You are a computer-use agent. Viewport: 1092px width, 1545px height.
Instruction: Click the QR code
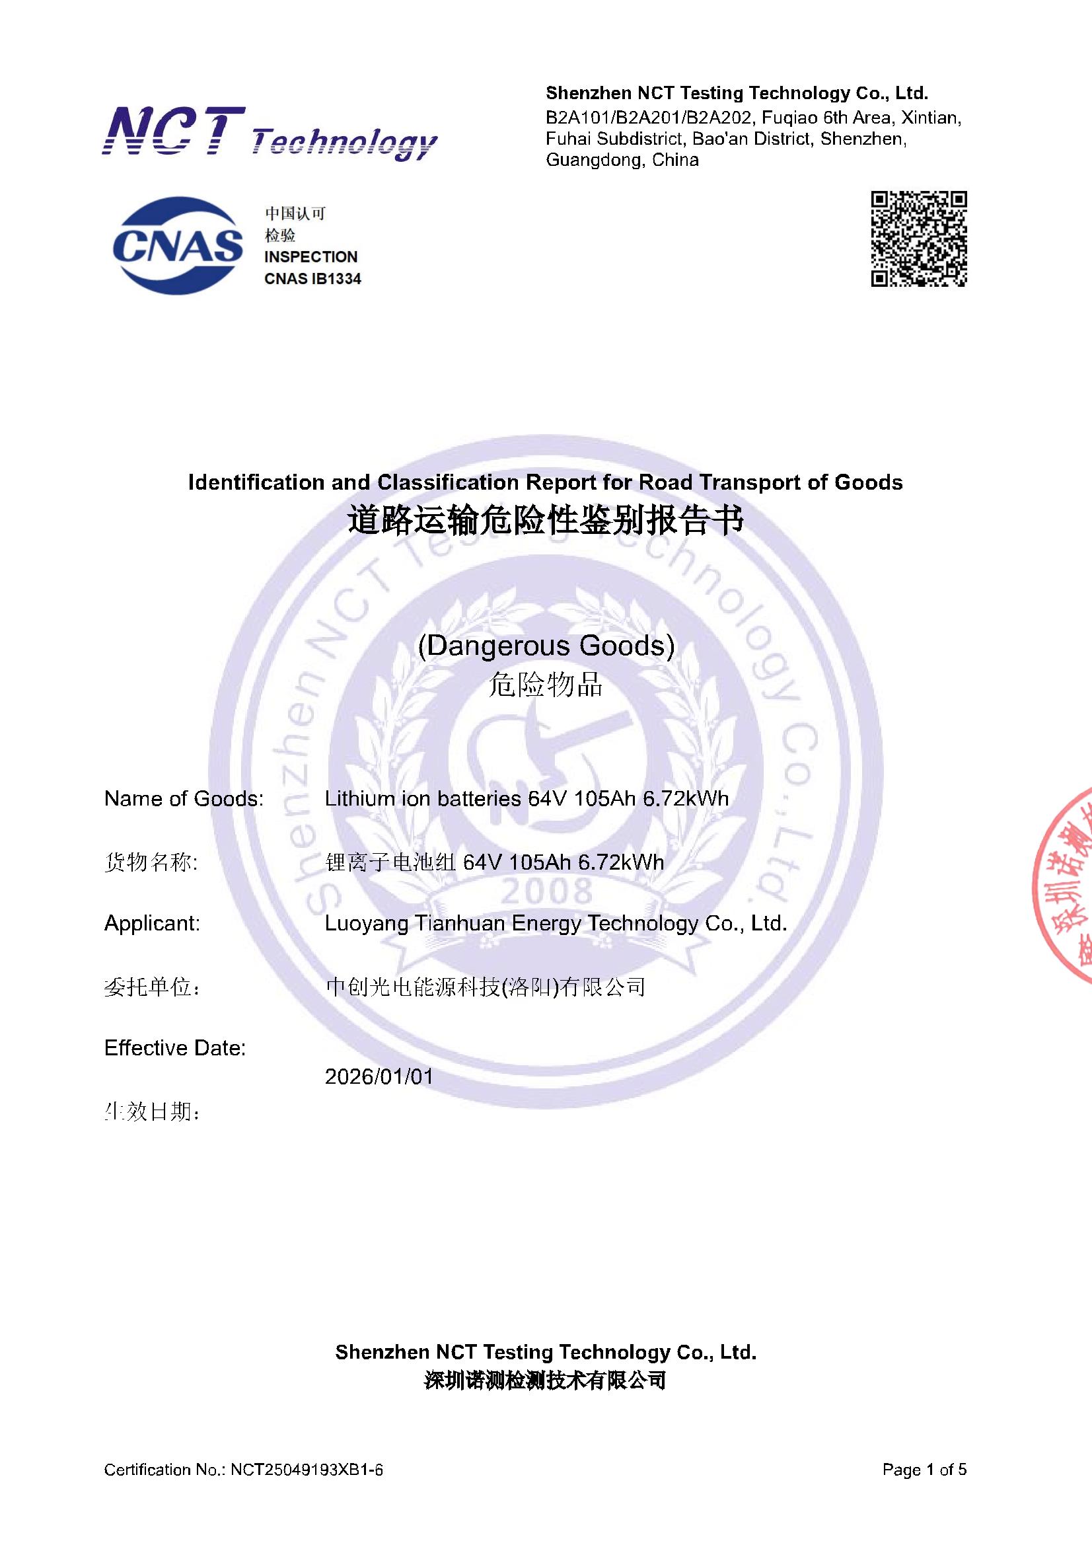(x=918, y=239)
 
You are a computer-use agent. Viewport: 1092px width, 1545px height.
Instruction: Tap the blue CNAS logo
(x=178, y=246)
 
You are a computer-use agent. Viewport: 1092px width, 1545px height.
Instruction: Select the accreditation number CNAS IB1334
(x=312, y=279)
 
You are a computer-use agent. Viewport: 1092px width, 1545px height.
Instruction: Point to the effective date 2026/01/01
(x=379, y=1076)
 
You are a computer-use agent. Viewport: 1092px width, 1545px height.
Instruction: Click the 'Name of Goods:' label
(x=184, y=799)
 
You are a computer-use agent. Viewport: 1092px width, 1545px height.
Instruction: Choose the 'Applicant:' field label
(x=152, y=923)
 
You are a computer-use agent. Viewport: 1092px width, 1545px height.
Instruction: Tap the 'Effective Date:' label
(x=175, y=1047)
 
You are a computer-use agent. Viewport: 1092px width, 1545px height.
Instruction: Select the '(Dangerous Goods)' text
(x=546, y=646)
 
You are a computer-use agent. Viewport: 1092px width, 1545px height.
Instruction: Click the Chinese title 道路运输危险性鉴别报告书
(x=546, y=521)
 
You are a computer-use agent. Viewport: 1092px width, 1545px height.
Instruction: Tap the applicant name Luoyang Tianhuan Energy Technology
(x=556, y=923)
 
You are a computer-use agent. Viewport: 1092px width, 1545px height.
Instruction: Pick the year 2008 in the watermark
(x=546, y=892)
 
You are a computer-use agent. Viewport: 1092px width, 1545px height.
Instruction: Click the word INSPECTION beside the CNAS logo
(x=311, y=257)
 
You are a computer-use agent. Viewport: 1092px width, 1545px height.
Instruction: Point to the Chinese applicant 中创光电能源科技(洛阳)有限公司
(x=485, y=987)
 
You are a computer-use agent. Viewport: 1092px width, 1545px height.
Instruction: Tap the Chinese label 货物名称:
(x=151, y=862)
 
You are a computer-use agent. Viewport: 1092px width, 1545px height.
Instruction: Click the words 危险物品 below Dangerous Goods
(x=546, y=685)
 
